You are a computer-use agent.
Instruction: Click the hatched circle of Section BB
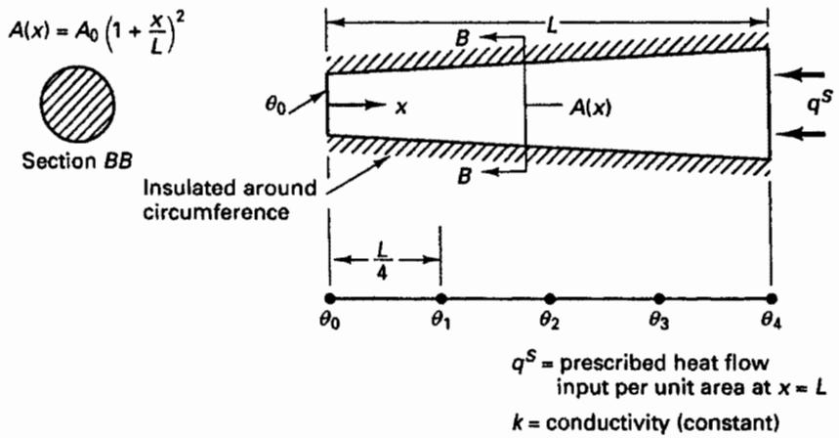(77, 107)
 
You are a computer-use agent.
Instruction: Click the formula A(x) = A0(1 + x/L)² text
(100, 35)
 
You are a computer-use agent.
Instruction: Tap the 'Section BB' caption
(77, 160)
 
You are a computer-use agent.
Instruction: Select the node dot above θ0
(330, 298)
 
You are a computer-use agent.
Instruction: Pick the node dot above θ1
(440, 298)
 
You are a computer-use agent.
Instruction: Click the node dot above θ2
(550, 298)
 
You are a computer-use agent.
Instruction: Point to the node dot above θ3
(659, 298)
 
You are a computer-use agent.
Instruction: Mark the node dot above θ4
(771, 298)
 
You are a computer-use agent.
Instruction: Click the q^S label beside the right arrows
(818, 103)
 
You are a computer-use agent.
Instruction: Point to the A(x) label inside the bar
(590, 108)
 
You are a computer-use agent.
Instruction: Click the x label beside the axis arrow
(400, 109)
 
